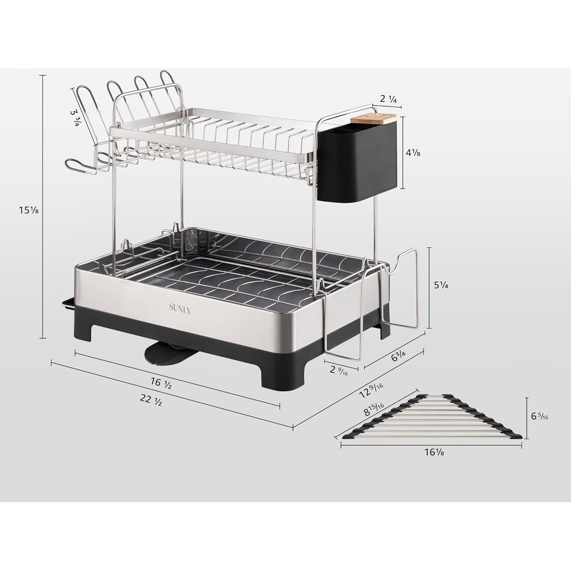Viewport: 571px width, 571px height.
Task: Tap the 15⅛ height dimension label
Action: pyautogui.click(x=29, y=210)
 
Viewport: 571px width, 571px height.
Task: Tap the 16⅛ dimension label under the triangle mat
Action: pyautogui.click(x=434, y=453)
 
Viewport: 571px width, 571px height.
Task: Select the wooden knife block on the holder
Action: pyautogui.click(x=373, y=119)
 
